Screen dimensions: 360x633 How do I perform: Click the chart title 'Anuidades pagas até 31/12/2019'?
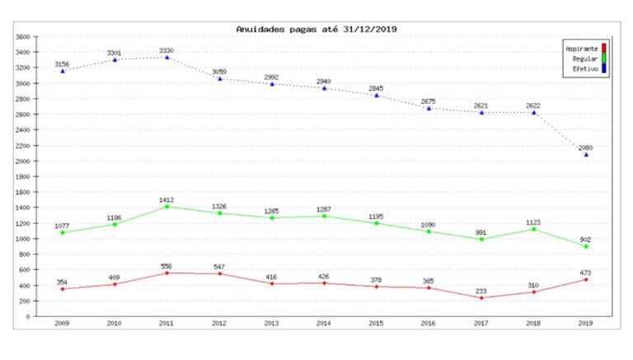[x=316, y=29]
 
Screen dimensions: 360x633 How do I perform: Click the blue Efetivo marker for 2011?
[x=167, y=57]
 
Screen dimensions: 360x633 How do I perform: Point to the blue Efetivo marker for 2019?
[x=586, y=154]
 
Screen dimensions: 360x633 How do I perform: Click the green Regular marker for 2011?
[x=167, y=206]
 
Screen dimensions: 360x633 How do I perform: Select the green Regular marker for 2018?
[x=534, y=229]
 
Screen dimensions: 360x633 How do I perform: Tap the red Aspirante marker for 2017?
[x=481, y=298]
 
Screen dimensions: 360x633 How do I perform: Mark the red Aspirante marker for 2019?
[x=586, y=279]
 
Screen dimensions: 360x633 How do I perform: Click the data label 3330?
[x=167, y=50]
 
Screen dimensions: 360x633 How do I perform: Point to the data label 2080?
[x=586, y=147]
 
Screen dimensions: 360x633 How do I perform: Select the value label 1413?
[x=167, y=199]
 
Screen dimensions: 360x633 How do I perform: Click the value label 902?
[x=586, y=240]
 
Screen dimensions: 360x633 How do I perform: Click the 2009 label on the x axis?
[x=62, y=324]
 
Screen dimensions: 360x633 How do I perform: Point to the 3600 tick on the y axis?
[x=22, y=37]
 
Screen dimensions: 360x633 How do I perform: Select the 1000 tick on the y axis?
[x=22, y=239]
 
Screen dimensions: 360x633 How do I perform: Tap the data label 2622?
[x=534, y=105]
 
